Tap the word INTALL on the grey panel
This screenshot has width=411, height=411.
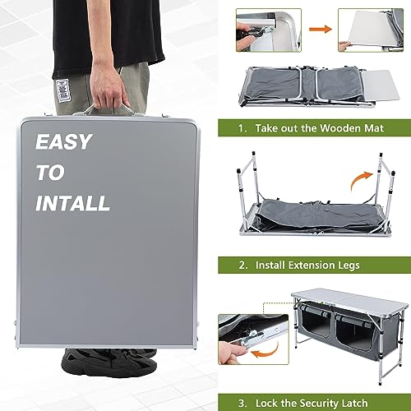72,202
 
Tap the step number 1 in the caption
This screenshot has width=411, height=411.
242,129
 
